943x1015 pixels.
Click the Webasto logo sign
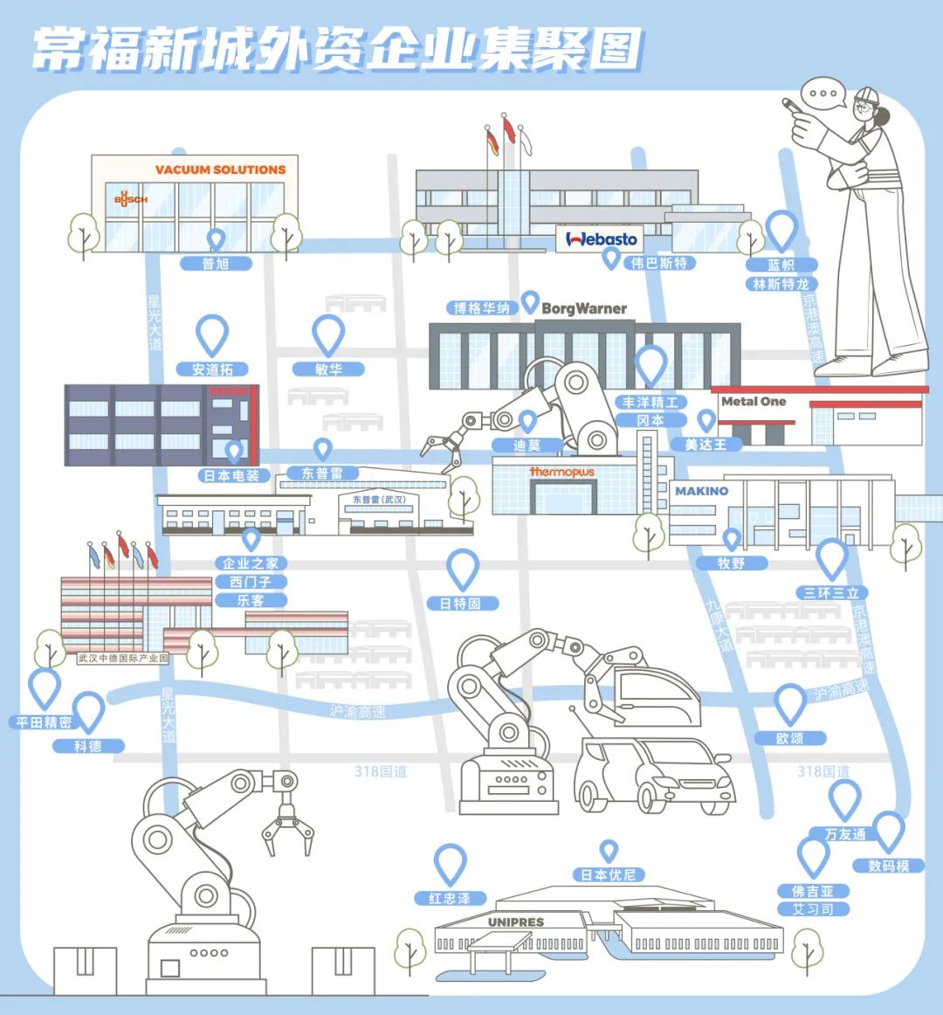click(602, 239)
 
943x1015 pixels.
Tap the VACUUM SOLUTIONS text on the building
click(220, 169)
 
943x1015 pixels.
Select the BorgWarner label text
click(584, 308)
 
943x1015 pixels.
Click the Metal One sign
click(754, 402)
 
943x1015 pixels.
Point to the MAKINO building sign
click(701, 491)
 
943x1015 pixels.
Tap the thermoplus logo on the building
click(561, 472)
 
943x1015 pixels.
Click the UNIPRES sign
click(515, 922)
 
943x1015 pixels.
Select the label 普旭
click(216, 264)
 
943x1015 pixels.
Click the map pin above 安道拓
click(211, 335)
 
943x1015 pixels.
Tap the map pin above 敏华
click(328, 335)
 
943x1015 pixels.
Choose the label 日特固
click(461, 604)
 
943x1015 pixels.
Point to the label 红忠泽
click(450, 898)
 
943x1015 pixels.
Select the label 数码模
click(889, 866)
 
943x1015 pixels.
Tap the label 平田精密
click(44, 722)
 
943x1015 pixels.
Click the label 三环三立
click(831, 593)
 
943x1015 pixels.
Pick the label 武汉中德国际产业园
click(122, 658)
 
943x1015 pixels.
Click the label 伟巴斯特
click(659, 263)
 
